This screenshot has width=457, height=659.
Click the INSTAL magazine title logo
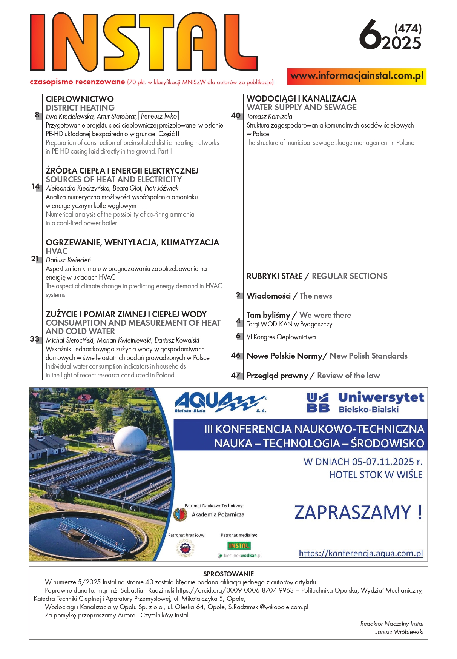(x=143, y=42)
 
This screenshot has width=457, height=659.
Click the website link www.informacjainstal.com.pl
(x=357, y=76)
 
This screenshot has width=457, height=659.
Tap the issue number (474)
(x=408, y=29)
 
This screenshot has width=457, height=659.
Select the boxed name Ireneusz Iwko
(x=159, y=116)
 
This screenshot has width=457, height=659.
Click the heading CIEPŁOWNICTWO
(x=80, y=99)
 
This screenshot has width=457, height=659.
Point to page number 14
(x=36, y=186)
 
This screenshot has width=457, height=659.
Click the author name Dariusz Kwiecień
(x=68, y=260)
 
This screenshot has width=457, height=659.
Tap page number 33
(x=34, y=339)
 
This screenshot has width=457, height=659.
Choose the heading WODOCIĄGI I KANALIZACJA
(x=301, y=99)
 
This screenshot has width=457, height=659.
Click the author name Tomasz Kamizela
(x=269, y=117)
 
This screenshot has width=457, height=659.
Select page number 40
(x=236, y=115)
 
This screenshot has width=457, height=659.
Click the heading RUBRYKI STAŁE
(x=275, y=276)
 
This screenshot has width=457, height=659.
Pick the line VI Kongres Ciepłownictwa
(x=281, y=337)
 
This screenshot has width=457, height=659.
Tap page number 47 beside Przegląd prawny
(x=236, y=375)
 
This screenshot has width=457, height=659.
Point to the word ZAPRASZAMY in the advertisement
(x=352, y=513)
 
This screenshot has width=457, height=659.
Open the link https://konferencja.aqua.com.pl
(x=361, y=553)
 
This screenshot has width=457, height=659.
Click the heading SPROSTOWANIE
(x=228, y=574)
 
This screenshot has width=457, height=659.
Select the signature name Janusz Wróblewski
(x=399, y=632)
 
